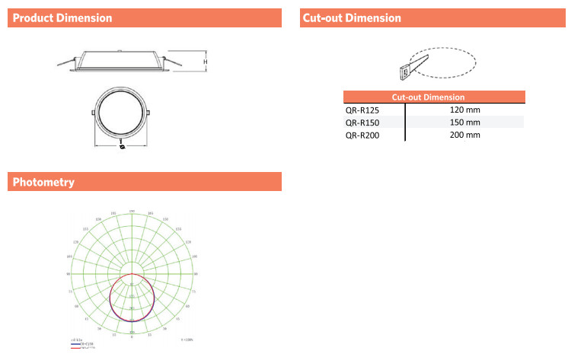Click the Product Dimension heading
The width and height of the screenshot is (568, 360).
tap(63, 18)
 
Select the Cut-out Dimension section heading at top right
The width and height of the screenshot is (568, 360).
tap(352, 18)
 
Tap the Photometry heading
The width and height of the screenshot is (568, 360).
tap(43, 182)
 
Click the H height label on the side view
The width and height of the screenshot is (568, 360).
tap(205, 62)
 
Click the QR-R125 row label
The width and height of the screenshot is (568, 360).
tap(362, 110)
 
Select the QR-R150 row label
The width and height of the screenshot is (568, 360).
tap(362, 122)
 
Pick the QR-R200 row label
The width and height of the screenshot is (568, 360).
tap(362, 135)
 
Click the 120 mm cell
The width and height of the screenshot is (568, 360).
tap(465, 110)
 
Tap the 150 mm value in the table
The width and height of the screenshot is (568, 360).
tap(465, 122)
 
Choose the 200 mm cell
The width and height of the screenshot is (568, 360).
tap(465, 135)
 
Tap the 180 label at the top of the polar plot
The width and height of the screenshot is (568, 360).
tap(132, 210)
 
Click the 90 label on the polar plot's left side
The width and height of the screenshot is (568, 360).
tap(69, 273)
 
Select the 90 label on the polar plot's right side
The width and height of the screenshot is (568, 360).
tap(196, 273)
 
